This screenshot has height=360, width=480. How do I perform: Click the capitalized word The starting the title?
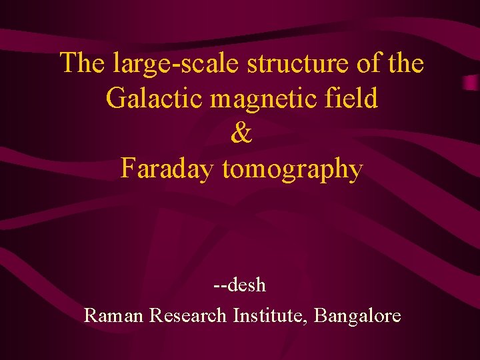coord(83,64)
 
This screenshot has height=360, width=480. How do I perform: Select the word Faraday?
coord(169,169)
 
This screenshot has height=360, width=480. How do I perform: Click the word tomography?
coord(292,171)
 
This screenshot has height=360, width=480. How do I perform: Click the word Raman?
coord(114,315)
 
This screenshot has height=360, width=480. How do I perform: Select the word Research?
coord(189,315)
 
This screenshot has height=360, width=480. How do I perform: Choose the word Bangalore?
coord(357,316)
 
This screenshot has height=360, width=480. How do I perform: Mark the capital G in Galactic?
coord(115,99)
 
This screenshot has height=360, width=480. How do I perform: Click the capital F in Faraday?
coord(127,169)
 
